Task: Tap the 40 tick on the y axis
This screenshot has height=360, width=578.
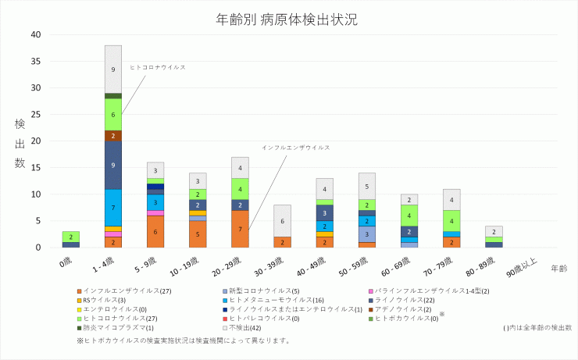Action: tap(36, 34)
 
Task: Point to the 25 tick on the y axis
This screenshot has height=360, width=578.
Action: tap(36, 115)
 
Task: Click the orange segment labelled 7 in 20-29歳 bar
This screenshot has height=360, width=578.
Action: tap(240, 229)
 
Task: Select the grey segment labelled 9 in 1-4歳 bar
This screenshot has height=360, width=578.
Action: tap(113, 70)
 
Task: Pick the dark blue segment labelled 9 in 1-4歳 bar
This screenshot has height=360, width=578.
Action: tap(113, 165)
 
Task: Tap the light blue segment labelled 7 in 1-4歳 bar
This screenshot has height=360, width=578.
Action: tap(113, 208)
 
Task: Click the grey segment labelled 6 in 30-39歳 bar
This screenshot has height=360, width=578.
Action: tap(282, 221)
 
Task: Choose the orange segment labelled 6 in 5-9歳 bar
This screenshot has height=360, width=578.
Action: tap(155, 232)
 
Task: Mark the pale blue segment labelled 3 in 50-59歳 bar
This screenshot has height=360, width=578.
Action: tap(366, 234)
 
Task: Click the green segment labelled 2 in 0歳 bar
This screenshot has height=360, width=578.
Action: tap(71, 237)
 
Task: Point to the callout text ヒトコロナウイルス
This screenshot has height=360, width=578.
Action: tap(158, 67)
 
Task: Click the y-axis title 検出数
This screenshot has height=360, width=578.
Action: tap(20, 144)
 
